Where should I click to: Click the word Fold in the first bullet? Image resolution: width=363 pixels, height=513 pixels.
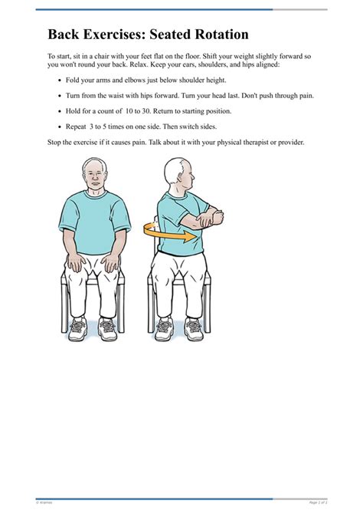click(75, 80)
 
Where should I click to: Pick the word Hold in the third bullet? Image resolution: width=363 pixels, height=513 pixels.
click(76, 110)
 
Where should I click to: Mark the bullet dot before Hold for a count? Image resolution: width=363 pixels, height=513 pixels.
click(60, 111)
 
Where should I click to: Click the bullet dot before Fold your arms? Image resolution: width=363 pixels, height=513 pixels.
click(60, 81)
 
